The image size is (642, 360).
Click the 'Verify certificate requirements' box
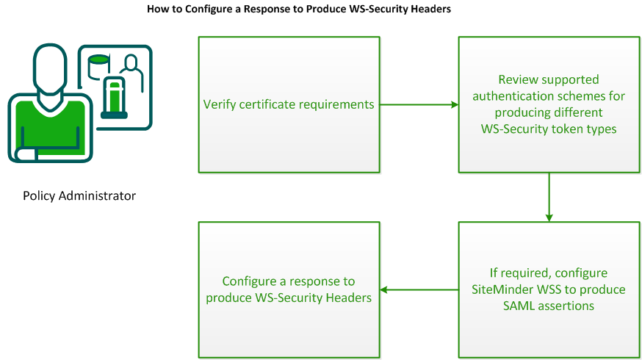[289, 105]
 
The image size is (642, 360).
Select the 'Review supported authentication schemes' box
[549, 105]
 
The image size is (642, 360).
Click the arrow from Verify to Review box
[419, 105]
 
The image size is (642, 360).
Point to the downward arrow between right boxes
[549, 197]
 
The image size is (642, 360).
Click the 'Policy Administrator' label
[79, 195]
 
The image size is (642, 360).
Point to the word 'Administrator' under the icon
[99, 195]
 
